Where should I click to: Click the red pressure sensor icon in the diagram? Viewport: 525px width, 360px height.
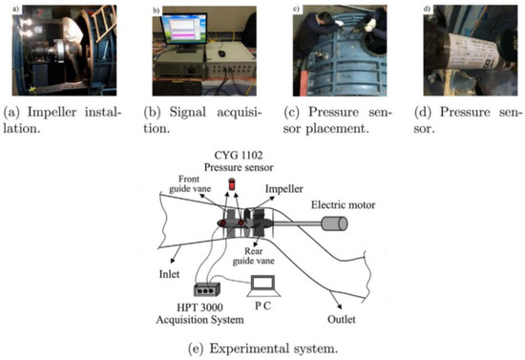click(231, 184)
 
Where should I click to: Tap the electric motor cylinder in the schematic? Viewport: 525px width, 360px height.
click(334, 223)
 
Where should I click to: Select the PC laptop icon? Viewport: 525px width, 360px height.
click(263, 286)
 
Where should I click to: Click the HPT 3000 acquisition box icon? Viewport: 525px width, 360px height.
click(207, 289)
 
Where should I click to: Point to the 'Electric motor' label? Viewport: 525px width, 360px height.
click(344, 204)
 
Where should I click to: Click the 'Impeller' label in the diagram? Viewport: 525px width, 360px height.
click(283, 189)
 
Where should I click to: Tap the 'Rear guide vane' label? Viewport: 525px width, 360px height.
click(254, 256)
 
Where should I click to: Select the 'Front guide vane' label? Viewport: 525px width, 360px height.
click(190, 184)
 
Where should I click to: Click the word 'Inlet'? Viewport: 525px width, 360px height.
click(169, 274)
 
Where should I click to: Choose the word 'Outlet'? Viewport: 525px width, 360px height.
click(341, 319)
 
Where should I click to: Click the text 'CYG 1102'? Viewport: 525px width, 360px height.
click(239, 155)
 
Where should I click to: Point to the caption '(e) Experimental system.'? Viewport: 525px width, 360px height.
click(262, 349)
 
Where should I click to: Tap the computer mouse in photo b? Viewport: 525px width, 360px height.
click(220, 53)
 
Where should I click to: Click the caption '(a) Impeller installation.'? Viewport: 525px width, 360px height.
click(62, 120)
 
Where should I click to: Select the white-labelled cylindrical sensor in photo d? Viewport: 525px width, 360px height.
click(475, 52)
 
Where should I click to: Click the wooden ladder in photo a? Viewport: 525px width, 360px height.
click(103, 24)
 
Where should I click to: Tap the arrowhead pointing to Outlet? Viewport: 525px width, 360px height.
click(340, 307)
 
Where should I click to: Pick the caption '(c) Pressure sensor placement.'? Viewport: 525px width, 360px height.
click(337, 120)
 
